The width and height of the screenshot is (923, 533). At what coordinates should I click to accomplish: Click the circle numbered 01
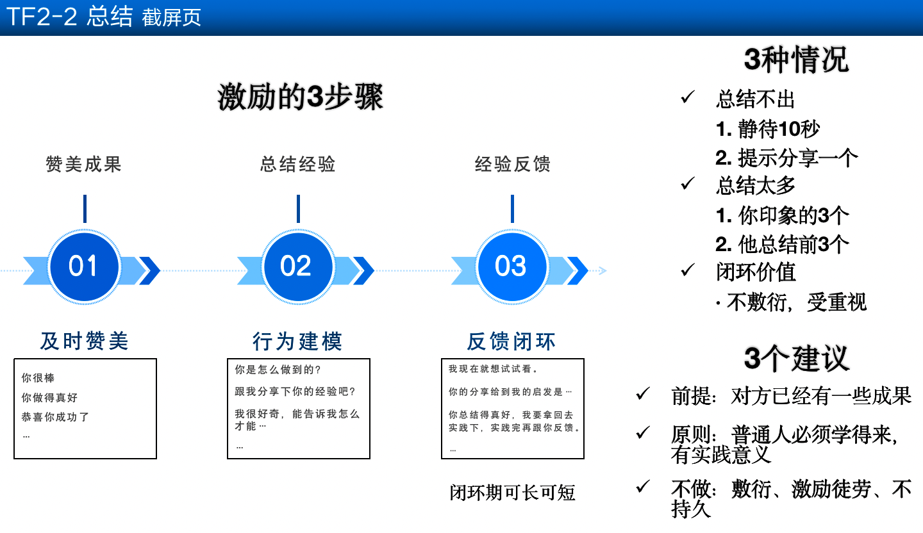(84, 266)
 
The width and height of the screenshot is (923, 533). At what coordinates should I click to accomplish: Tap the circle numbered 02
(298, 266)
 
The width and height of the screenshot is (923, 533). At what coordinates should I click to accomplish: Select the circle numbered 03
(511, 266)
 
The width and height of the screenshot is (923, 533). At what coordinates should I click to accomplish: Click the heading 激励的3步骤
(301, 97)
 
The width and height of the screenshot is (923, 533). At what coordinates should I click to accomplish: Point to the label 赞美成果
(83, 164)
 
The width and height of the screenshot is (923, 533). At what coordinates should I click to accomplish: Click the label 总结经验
(298, 164)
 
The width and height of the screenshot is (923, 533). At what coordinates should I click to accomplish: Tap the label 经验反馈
(512, 164)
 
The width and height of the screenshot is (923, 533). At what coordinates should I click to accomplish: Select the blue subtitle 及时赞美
(85, 341)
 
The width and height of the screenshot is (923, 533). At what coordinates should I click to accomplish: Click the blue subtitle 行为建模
(297, 341)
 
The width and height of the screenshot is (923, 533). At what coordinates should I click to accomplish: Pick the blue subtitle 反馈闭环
(511, 341)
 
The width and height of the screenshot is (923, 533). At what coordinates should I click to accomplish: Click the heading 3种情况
(796, 60)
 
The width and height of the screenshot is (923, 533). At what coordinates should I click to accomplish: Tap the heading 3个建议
(797, 358)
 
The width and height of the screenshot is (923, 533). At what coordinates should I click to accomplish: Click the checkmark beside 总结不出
(687, 97)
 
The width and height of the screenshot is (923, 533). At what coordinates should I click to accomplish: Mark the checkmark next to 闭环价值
(687, 270)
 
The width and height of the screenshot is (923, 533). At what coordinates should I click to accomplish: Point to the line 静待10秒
(768, 129)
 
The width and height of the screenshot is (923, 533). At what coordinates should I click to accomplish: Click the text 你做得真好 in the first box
(49, 397)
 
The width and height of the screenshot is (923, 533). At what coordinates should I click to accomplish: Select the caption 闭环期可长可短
(512, 492)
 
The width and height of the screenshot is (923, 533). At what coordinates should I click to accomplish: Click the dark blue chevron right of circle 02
(363, 270)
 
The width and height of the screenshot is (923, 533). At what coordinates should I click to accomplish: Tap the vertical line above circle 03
(512, 209)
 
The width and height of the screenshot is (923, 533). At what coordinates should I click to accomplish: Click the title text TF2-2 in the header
(42, 17)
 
